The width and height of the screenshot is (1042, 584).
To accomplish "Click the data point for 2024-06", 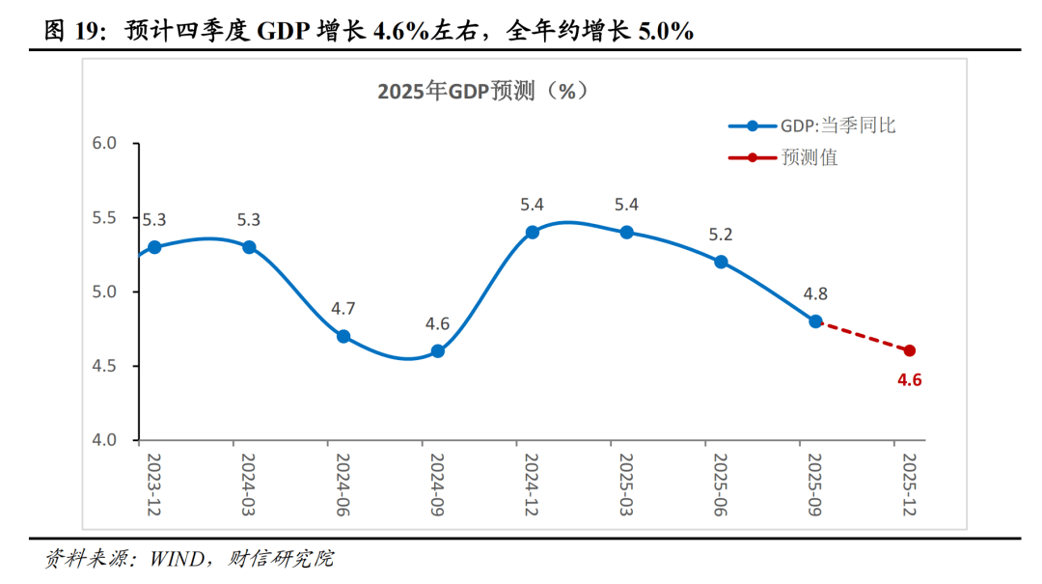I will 343,337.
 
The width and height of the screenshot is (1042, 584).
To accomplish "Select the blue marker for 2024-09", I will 438,351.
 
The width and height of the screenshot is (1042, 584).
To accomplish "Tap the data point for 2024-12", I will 533,233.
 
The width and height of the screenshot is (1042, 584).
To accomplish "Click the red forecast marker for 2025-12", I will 910,350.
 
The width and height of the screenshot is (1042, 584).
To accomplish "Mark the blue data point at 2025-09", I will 815,321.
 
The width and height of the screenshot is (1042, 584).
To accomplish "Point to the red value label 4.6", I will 910,380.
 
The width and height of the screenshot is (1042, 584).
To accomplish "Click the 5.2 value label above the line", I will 721,234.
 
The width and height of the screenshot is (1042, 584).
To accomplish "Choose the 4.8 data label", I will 815,293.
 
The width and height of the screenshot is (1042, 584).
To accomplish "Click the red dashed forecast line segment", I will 863,336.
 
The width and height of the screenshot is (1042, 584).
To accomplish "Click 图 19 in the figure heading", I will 72,31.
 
